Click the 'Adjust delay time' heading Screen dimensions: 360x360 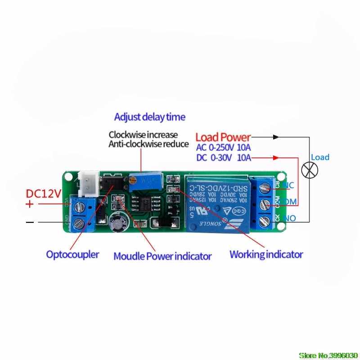(x=149, y=117)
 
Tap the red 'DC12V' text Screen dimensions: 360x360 (x=43, y=194)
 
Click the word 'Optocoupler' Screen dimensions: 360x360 (x=72, y=254)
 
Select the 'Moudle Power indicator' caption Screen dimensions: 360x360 (x=162, y=256)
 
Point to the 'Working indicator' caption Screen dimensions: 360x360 (x=266, y=254)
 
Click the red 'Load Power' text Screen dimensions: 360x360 (x=223, y=136)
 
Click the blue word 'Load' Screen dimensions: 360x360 (x=320, y=157)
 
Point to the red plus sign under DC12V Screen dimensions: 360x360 (x=30, y=204)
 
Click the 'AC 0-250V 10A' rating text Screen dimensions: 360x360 (x=224, y=147)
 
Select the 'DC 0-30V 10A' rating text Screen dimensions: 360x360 (x=224, y=157)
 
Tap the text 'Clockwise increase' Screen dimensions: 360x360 (x=143, y=135)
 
